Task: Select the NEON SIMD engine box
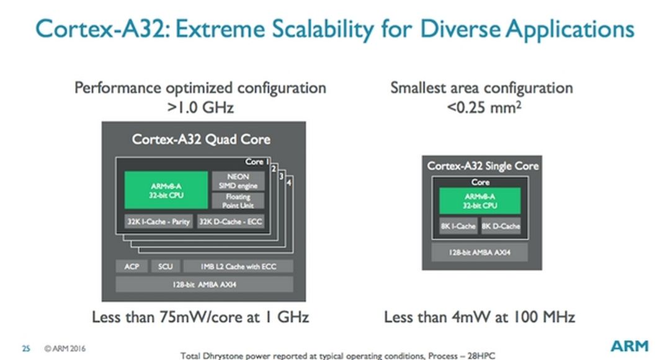pyautogui.click(x=238, y=181)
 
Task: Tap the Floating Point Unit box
pyautogui.click(x=238, y=200)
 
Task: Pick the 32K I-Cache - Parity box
pyautogui.click(x=158, y=222)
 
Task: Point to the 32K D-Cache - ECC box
pyautogui.click(x=230, y=222)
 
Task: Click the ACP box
pyautogui.click(x=132, y=266)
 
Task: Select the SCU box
pyautogui.click(x=165, y=266)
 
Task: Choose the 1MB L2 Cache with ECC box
pyautogui.click(x=238, y=266)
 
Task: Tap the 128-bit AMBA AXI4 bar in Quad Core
pyautogui.click(x=204, y=284)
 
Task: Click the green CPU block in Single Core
pyautogui.click(x=480, y=200)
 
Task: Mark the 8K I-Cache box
pyautogui.click(x=458, y=227)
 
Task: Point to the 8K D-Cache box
pyautogui.click(x=501, y=227)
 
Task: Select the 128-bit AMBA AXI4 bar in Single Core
pyautogui.click(x=480, y=253)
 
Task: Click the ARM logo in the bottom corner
pyautogui.click(x=629, y=346)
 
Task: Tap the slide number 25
pyautogui.click(x=26, y=349)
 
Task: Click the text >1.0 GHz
pyautogui.click(x=200, y=107)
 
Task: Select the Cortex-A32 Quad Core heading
pyautogui.click(x=201, y=138)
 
